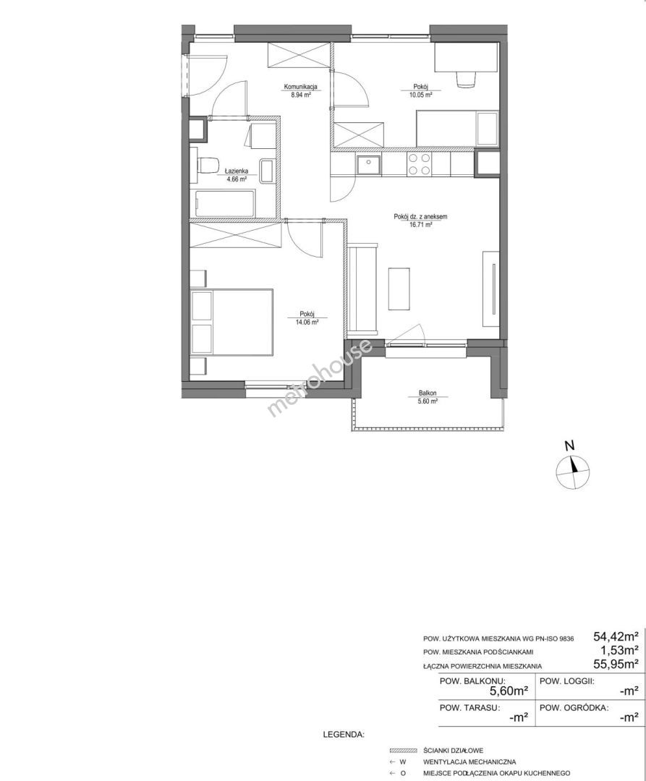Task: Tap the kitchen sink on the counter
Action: click(x=368, y=164)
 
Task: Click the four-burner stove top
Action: click(x=419, y=164)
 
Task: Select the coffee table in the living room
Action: click(x=399, y=289)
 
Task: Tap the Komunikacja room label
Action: click(x=300, y=87)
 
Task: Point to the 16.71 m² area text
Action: click(x=421, y=225)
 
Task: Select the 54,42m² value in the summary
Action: click(x=616, y=636)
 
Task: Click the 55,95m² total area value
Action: click(x=616, y=663)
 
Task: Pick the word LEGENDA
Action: click(x=344, y=734)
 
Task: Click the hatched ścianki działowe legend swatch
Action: click(x=404, y=750)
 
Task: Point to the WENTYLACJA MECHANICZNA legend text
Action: click(x=469, y=761)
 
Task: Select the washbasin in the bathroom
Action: click(x=267, y=171)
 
